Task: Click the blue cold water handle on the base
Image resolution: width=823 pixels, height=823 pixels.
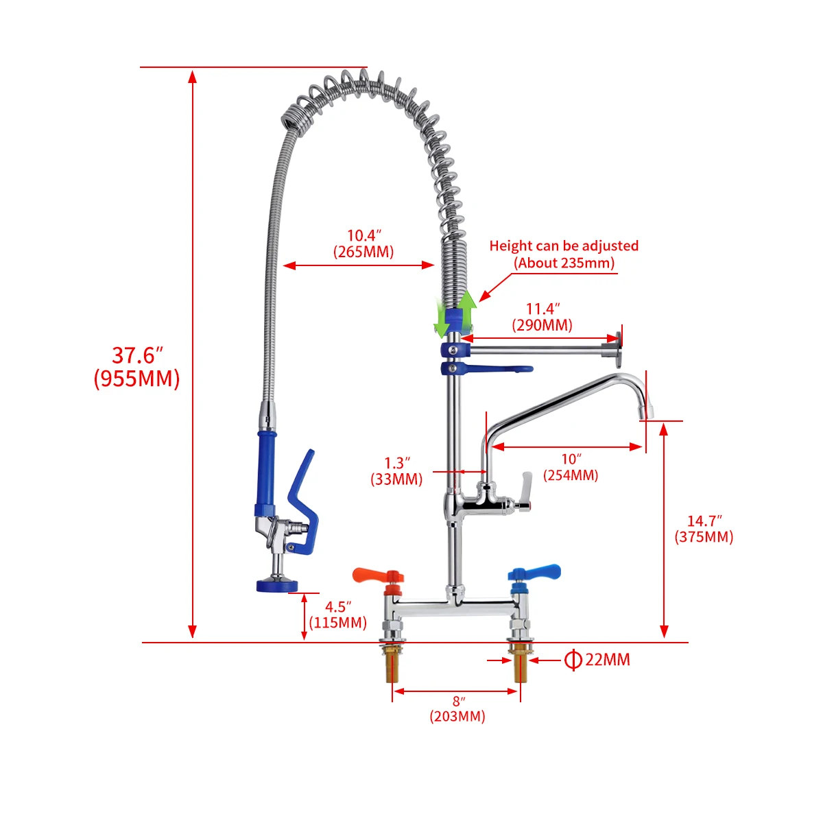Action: [538, 571]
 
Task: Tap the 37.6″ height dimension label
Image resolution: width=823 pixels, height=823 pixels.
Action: [137, 355]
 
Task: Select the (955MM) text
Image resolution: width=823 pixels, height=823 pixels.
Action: [136, 378]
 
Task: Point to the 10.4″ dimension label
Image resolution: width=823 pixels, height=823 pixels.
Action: [363, 236]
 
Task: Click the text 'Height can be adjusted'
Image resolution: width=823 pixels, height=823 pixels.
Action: [564, 246]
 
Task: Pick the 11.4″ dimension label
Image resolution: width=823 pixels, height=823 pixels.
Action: [542, 309]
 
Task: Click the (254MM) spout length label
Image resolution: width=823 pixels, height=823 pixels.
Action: [571, 475]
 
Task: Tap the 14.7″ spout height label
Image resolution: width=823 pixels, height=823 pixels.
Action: [704, 521]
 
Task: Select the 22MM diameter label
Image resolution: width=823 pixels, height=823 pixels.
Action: [607, 660]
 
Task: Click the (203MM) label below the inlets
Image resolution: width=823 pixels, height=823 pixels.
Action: [457, 717]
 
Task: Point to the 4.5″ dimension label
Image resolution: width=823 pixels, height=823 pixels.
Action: [337, 607]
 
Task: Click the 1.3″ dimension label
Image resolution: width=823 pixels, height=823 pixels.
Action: [397, 463]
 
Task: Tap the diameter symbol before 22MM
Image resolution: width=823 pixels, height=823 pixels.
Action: [573, 660]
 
